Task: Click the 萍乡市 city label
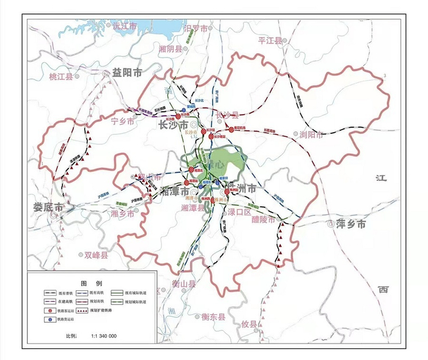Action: pos(351,224)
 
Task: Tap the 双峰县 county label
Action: pos(96,255)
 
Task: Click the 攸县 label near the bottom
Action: pos(250,324)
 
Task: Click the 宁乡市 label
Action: pos(122,120)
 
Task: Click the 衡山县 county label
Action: pos(183,284)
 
